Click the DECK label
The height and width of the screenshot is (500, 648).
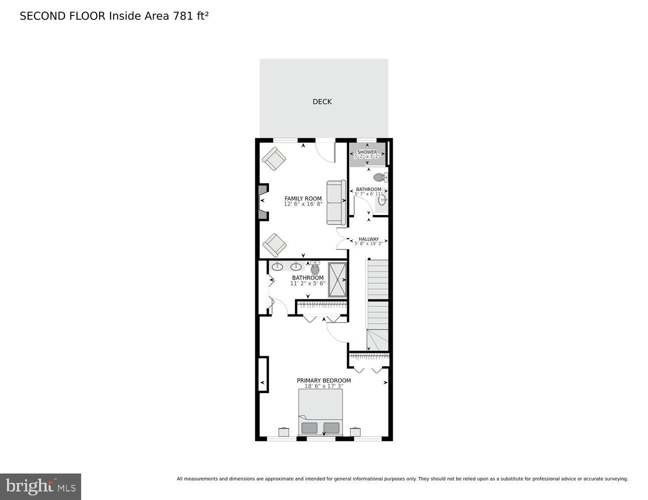click(x=322, y=101)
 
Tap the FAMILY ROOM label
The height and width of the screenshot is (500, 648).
click(x=303, y=198)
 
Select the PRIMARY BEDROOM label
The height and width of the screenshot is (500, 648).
click(x=323, y=380)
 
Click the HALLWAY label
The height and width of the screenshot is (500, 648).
click(x=369, y=239)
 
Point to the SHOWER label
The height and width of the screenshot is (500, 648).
click(x=367, y=152)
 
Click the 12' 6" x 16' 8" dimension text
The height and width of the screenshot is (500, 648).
click(x=303, y=204)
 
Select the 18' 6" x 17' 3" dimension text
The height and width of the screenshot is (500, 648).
click(x=323, y=386)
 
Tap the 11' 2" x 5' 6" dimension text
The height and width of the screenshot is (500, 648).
click(x=307, y=283)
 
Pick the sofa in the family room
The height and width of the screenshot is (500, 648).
click(x=336, y=202)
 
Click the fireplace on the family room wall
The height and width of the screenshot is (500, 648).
click(x=263, y=201)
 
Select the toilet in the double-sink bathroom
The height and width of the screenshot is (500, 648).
click(x=315, y=268)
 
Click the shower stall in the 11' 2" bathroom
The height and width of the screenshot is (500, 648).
click(x=337, y=279)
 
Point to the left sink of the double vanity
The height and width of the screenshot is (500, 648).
click(x=277, y=266)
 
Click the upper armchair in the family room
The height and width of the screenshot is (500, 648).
click(x=274, y=158)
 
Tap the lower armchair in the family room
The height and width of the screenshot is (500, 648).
click(x=274, y=245)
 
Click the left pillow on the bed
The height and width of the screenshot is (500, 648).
click(x=309, y=428)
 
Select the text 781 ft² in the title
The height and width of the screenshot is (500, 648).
click(x=190, y=16)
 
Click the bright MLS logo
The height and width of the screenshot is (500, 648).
click(x=41, y=486)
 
